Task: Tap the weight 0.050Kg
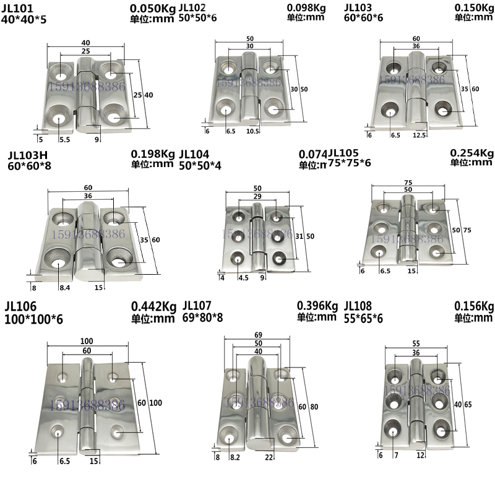click(x=153, y=8)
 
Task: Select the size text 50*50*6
click(x=199, y=19)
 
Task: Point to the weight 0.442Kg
click(x=153, y=306)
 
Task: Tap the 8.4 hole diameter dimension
click(x=64, y=287)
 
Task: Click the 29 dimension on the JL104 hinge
click(x=257, y=196)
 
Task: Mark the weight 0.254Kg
click(x=472, y=153)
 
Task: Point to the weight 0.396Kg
click(x=317, y=306)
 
